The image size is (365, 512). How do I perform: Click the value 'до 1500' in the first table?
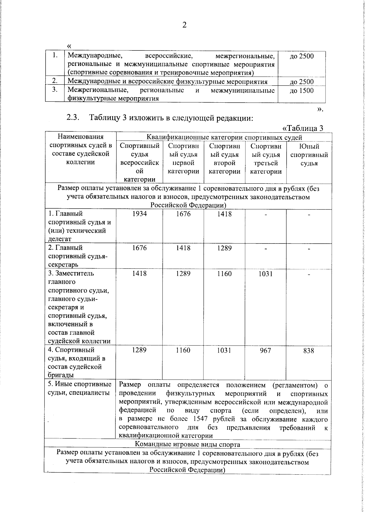[x=301, y=91]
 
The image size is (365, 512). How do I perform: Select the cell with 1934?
[x=139, y=214]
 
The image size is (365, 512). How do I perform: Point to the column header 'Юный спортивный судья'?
[x=309, y=155]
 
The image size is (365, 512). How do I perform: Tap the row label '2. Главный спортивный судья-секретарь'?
[x=78, y=256]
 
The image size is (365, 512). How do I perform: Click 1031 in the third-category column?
[x=266, y=274]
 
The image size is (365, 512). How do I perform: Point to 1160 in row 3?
[x=224, y=274]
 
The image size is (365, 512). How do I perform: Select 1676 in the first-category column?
[x=183, y=214]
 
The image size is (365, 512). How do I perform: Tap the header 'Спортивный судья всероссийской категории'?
[x=139, y=163]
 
